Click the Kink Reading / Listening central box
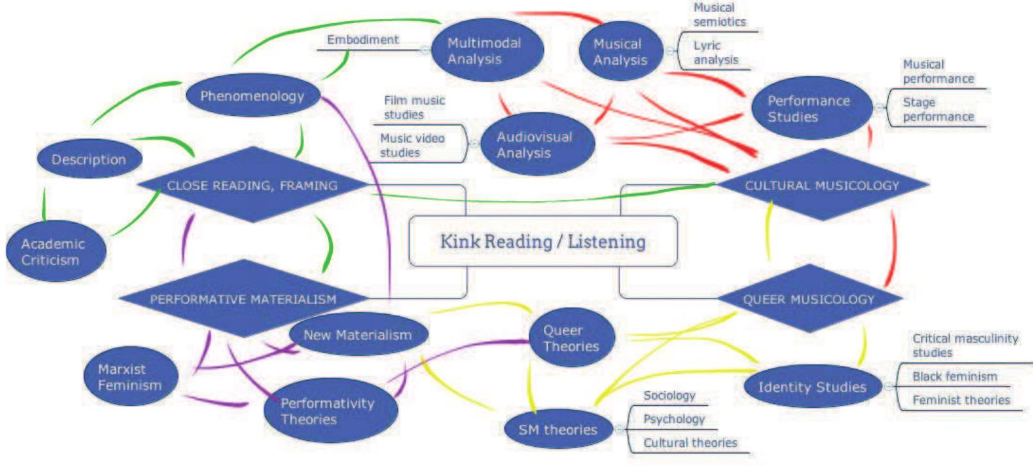(542, 241)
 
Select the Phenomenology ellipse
(252, 96)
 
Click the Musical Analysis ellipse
(620, 52)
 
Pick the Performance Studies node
(810, 108)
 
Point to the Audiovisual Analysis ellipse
(536, 145)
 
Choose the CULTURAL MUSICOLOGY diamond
(822, 186)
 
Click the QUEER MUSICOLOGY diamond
(808, 299)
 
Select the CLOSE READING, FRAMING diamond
(252, 186)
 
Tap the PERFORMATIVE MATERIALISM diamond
(243, 299)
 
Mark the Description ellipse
(89, 159)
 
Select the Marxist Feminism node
(130, 377)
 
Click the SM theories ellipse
(557, 430)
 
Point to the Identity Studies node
(812, 387)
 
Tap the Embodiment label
(363, 40)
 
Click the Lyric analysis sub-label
(716, 52)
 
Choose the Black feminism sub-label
(954, 376)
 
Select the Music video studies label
(412, 145)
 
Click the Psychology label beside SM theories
(673, 419)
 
